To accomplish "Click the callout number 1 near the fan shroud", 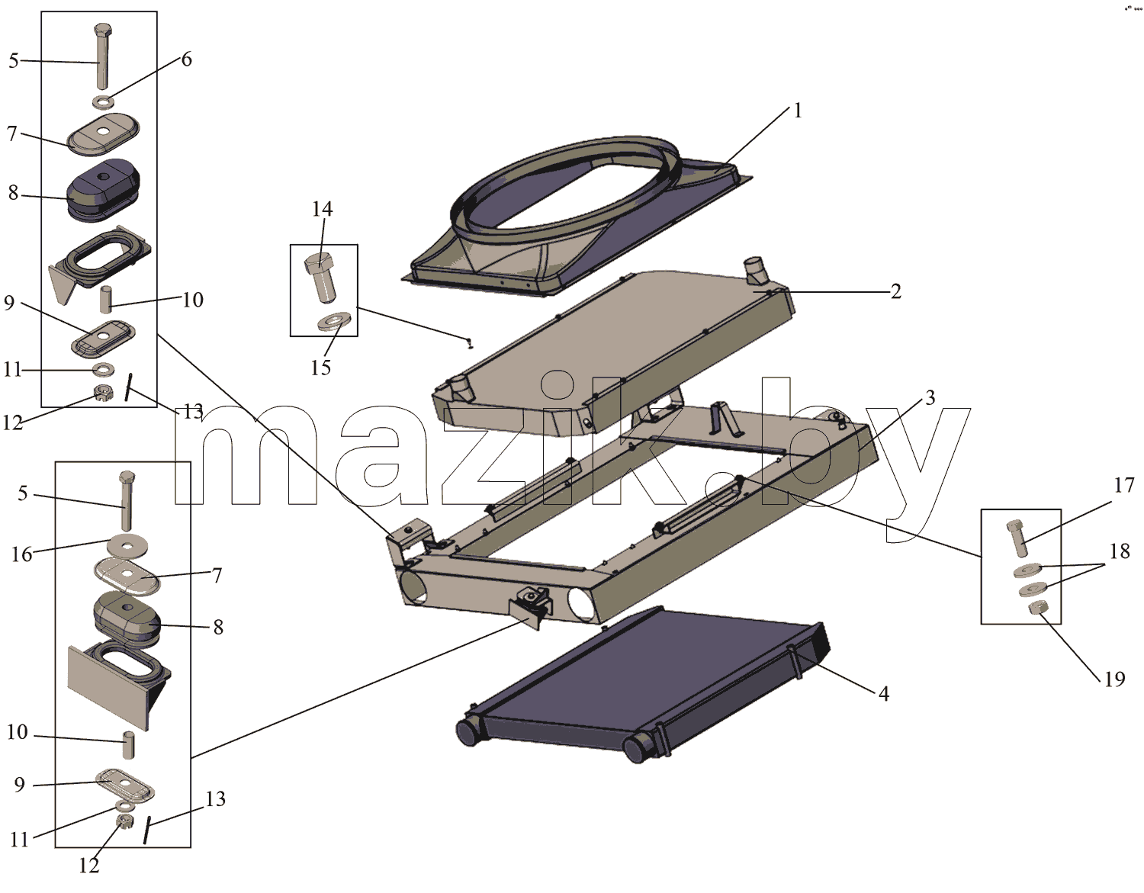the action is pyautogui.click(x=798, y=111).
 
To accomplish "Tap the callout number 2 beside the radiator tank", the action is pyautogui.click(x=895, y=291).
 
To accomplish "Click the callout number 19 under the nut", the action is pyautogui.click(x=1114, y=679).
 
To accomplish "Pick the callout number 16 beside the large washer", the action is pyautogui.click(x=21, y=554).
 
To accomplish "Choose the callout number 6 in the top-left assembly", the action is pyautogui.click(x=186, y=59).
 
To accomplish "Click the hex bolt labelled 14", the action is pyautogui.click(x=320, y=277).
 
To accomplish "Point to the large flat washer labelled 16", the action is pyautogui.click(x=127, y=545).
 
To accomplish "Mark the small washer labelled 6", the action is pyautogui.click(x=105, y=101).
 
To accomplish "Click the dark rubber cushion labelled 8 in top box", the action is pyautogui.click(x=103, y=191).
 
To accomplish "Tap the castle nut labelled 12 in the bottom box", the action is pyautogui.click(x=124, y=821).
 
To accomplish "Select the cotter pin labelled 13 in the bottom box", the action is pyautogui.click(x=148, y=830).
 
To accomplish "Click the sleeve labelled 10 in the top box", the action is pyautogui.click(x=106, y=298).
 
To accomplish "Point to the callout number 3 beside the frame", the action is pyautogui.click(x=930, y=398).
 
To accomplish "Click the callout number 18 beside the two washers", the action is pyautogui.click(x=1120, y=551).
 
